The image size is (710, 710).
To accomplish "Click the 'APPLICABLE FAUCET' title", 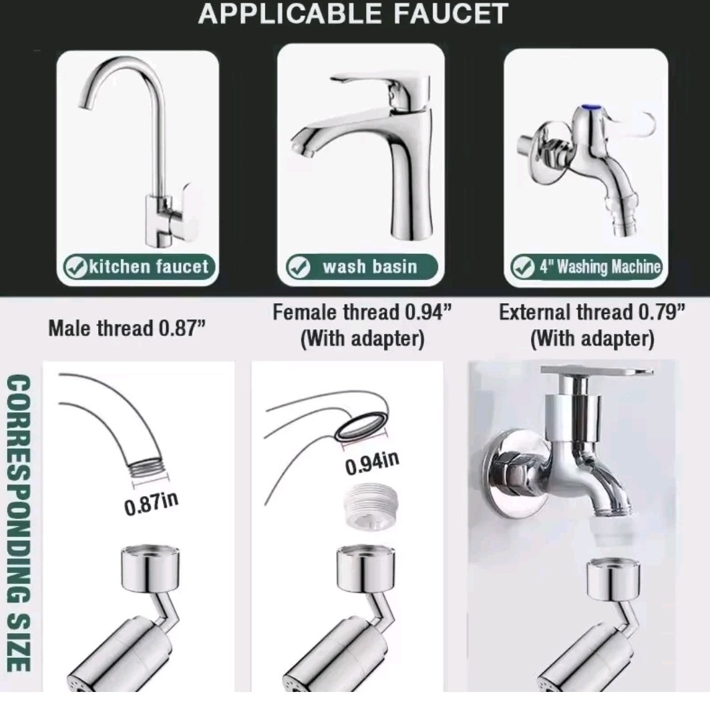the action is point(353,13).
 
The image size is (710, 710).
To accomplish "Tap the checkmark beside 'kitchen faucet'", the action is point(75,267).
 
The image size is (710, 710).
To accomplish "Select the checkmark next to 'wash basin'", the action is point(299,267).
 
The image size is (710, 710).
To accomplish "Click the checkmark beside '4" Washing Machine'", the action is point(523,267).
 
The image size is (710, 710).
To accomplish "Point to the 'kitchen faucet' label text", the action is point(149,267).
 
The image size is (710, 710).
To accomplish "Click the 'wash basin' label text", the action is point(370,267).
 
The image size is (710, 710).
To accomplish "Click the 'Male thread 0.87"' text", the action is point(127,328).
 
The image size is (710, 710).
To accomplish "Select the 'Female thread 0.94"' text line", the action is point(362,312).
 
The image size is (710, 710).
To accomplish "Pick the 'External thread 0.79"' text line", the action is point(592,312).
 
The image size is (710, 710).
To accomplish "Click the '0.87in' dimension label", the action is point(152,504).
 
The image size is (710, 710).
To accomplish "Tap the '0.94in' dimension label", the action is point(373,464).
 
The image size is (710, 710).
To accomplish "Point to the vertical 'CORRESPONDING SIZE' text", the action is point(19,522).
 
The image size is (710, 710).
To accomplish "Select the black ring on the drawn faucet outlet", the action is point(362,425).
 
